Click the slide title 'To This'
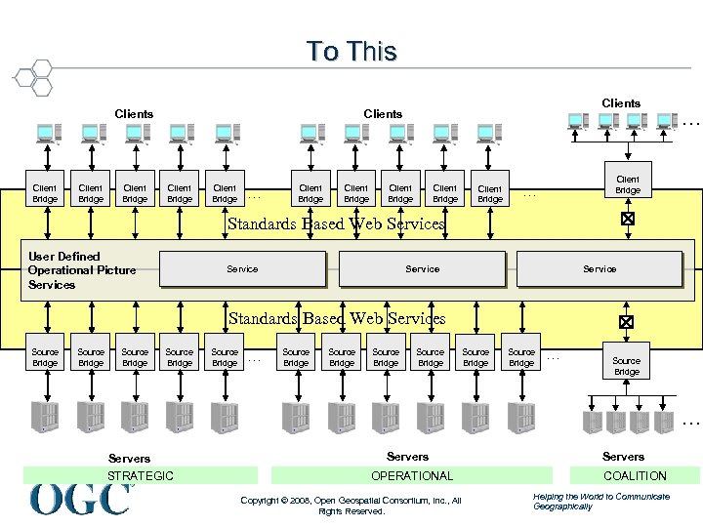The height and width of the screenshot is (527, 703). (351, 51)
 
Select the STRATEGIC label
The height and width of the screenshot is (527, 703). (141, 476)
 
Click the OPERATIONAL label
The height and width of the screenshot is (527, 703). (411, 476)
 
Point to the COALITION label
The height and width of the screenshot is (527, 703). (635, 476)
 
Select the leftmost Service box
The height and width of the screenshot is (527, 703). (242, 269)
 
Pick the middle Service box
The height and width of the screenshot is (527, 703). (422, 269)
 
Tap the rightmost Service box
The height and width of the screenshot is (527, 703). (599, 269)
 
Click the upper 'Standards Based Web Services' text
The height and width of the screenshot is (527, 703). (336, 223)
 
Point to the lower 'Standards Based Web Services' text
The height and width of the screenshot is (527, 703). (336, 318)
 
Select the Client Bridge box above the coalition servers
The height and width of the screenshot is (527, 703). (628, 184)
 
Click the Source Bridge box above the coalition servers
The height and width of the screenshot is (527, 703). (627, 366)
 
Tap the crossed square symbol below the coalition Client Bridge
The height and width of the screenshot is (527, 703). (628, 220)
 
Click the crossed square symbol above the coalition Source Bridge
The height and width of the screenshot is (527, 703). (627, 321)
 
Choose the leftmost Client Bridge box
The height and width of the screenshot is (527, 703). (45, 193)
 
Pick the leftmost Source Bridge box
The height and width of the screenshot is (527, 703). (45, 357)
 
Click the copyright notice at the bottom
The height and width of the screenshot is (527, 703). (351, 506)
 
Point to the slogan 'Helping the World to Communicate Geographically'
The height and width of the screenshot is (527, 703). (600, 502)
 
